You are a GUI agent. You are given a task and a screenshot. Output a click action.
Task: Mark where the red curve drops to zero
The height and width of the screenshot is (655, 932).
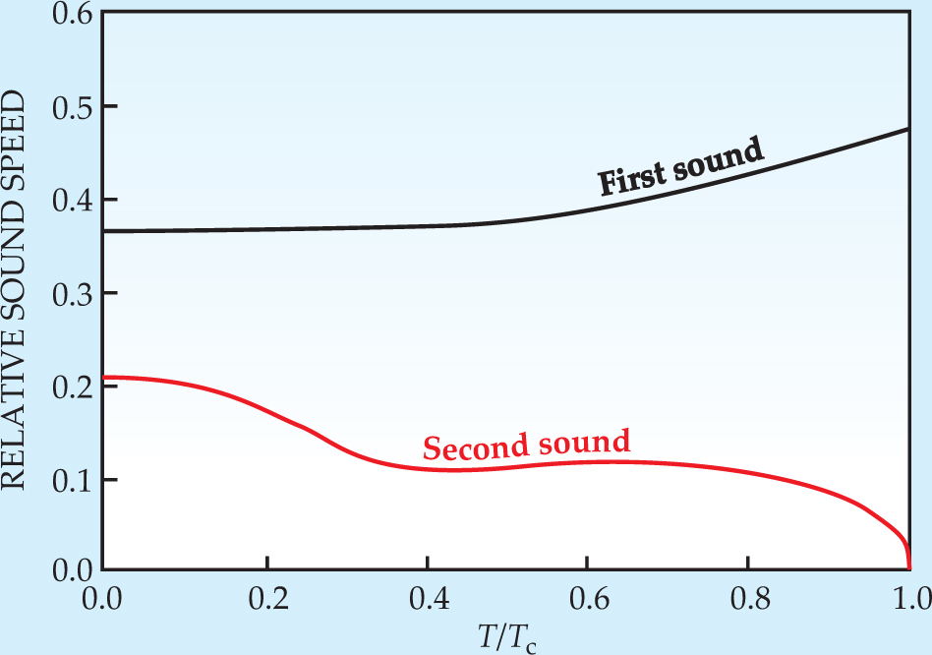point(908,567)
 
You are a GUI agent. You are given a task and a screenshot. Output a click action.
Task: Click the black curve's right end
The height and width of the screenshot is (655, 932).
point(906,129)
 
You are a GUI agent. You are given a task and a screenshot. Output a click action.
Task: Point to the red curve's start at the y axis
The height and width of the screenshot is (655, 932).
point(104,377)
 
